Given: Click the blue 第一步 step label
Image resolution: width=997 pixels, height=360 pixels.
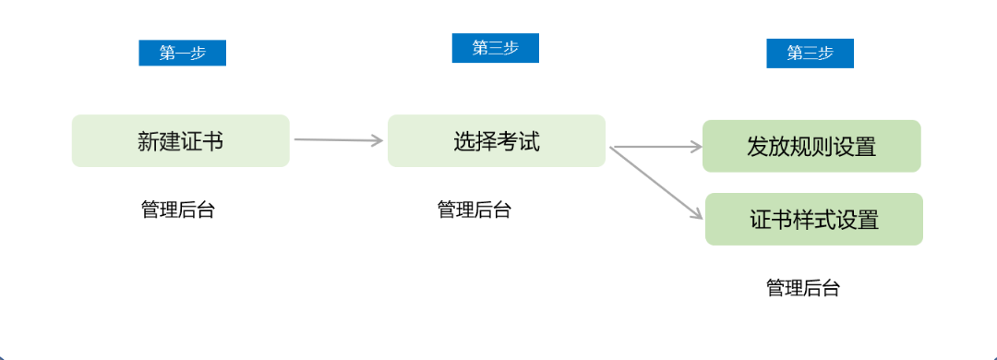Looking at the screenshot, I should (182, 53).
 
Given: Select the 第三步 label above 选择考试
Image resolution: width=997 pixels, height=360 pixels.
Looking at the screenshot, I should (495, 48).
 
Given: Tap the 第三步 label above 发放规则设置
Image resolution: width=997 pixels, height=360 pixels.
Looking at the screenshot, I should (810, 54).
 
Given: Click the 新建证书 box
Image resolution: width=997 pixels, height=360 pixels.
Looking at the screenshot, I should (181, 141).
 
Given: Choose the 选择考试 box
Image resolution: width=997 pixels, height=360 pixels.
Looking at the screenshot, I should (497, 141).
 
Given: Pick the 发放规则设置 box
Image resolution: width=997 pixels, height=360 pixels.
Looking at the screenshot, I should (811, 146).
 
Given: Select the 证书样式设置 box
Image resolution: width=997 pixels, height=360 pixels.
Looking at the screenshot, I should (813, 220).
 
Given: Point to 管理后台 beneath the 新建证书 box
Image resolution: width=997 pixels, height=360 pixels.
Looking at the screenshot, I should (178, 210).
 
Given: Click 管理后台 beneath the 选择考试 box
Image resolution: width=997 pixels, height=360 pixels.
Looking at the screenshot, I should (474, 210).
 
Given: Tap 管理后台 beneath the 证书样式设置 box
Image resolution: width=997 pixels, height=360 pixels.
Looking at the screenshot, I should (803, 288).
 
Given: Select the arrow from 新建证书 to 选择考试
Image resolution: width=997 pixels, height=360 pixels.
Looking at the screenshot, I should (337, 140).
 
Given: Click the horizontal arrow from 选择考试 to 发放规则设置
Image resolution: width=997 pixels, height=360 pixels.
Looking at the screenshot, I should (655, 146).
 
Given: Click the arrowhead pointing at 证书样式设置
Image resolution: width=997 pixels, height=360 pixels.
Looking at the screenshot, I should (696, 214).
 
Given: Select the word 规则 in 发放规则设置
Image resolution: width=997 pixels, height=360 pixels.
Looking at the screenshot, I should (811, 146).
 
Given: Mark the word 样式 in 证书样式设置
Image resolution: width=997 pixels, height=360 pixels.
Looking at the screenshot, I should (813, 220).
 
